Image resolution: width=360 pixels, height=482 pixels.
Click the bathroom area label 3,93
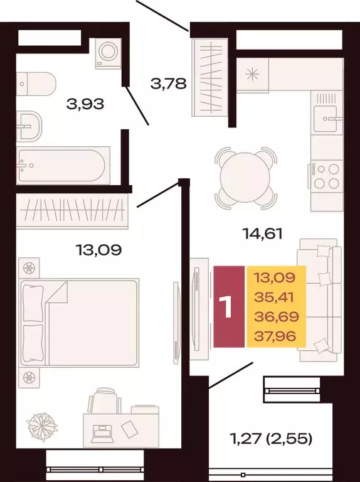(85, 103)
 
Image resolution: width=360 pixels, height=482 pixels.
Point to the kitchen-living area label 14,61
(262, 234)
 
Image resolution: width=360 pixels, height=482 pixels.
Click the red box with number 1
(229, 306)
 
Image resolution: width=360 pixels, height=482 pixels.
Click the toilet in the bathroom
(28, 80)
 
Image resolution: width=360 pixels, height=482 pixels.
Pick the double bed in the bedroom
(79, 323)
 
